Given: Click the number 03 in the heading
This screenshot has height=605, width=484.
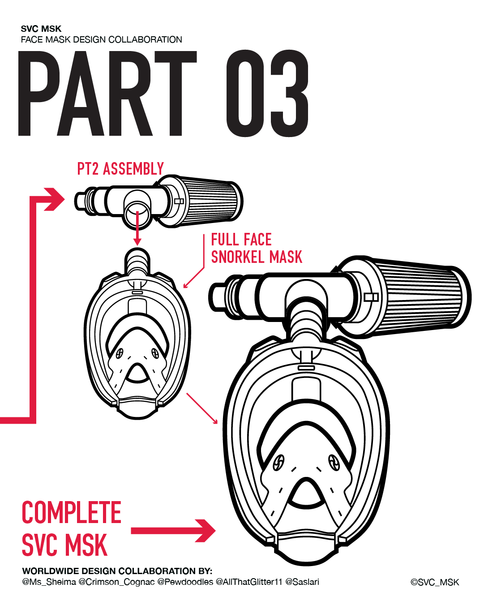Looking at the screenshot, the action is pos(268,93).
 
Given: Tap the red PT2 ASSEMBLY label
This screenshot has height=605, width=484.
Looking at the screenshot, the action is pos(120,169).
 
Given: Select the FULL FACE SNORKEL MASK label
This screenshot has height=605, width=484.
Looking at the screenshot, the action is pos(257,248).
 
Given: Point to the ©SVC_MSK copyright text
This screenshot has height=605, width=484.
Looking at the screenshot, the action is pos(435,582).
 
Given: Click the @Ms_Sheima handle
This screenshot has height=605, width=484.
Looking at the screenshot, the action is pos(49,582).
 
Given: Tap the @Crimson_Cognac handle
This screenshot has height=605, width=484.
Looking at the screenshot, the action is pos(116,582).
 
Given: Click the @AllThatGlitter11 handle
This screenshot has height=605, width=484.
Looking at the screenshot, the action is pos(249,582).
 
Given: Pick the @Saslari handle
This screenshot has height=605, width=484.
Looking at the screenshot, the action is pos(302,582).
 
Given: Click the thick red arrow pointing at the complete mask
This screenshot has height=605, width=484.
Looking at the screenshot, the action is pos(173,531).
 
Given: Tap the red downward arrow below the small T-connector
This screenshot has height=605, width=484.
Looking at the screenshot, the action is pos(137,228).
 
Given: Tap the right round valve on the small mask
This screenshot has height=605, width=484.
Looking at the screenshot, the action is pos(155,353).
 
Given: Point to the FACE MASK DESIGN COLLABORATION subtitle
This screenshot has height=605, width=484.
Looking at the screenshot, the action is pos(102,40).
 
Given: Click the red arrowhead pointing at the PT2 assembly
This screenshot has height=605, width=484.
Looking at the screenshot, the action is pos(55,199).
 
